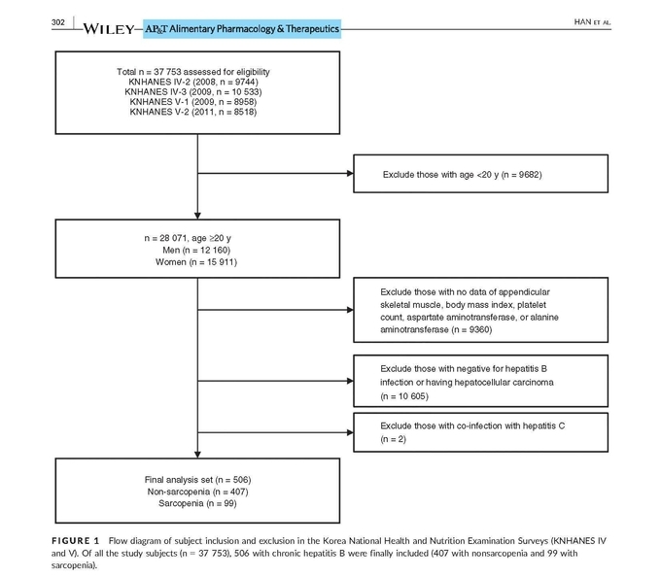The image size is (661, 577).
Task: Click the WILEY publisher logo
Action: coord(109,28)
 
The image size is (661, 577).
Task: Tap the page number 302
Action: coord(58,22)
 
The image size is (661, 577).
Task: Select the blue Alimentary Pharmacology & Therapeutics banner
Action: coord(242,28)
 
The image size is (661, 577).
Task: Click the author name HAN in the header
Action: coord(582,22)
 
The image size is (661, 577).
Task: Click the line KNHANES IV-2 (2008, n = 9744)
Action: coord(193,82)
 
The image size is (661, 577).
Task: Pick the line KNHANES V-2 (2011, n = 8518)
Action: coord(193,112)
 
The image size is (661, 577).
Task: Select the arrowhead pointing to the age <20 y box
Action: coord(350,173)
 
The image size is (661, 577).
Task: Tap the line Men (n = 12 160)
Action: coord(196,251)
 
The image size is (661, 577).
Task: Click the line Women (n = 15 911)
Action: coord(196,262)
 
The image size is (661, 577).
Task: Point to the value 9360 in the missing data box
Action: coord(480,329)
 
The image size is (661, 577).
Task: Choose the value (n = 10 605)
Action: coord(404,396)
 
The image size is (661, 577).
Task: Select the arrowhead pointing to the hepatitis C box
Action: coord(350,432)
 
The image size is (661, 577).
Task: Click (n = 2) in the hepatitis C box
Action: coord(394,439)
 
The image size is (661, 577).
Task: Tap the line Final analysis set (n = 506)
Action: coord(197,480)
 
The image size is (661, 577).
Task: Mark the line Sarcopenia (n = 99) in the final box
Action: coord(197,503)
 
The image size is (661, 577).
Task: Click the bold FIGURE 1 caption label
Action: coord(76,541)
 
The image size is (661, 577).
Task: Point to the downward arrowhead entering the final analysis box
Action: coord(197,455)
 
